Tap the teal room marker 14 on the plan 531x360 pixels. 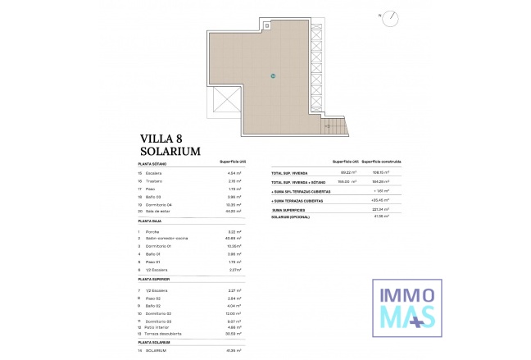coord(273,76)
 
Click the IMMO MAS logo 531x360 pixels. coord(405,305)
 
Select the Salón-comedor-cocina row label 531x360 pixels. coord(166,239)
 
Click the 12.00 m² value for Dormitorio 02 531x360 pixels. coord(231,313)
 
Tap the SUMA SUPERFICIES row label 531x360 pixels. coord(293,209)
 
